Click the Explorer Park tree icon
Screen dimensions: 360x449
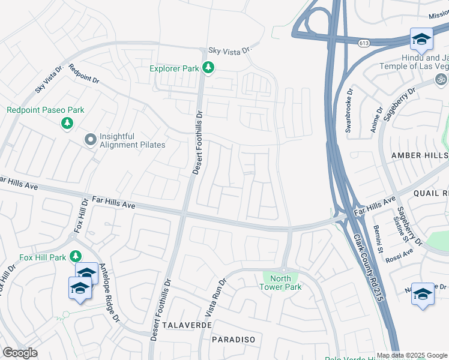pyautogui.click(x=208, y=68)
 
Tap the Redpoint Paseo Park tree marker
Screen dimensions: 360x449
pyautogui.click(x=67, y=123)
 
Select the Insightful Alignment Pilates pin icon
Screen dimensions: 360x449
pyautogui.click(x=91, y=140)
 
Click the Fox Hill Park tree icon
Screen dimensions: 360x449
pyautogui.click(x=75, y=256)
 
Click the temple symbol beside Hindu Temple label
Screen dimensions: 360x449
pyautogui.click(x=441, y=79)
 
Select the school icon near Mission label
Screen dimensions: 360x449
pyautogui.click(x=421, y=38)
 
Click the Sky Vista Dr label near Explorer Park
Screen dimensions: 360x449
pyautogui.click(x=228, y=52)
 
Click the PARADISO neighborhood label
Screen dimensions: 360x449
pyautogui.click(x=234, y=340)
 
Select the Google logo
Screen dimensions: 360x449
pyautogui.click(x=20, y=353)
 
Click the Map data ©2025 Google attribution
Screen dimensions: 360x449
pyautogui.click(x=412, y=355)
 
